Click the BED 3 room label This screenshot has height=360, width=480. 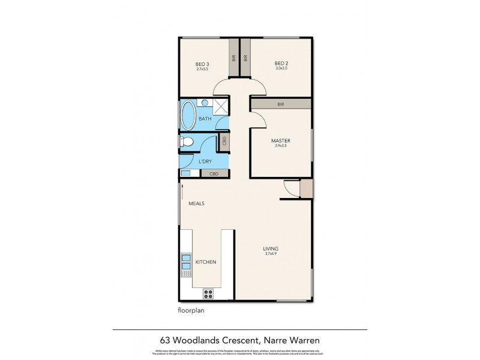point(202,64)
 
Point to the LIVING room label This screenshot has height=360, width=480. point(271,248)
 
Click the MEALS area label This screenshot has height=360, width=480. point(196,203)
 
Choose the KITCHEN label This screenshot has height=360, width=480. point(206,262)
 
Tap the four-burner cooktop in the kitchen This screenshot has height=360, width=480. point(209,293)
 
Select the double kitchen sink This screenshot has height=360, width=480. point(186,262)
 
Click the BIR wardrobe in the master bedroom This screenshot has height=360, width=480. point(281,104)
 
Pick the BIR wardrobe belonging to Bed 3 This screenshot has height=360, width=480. point(233,58)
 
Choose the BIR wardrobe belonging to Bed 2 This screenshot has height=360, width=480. point(245,58)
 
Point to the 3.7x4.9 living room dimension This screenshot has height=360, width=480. point(271,254)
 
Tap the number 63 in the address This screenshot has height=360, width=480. point(164,341)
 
